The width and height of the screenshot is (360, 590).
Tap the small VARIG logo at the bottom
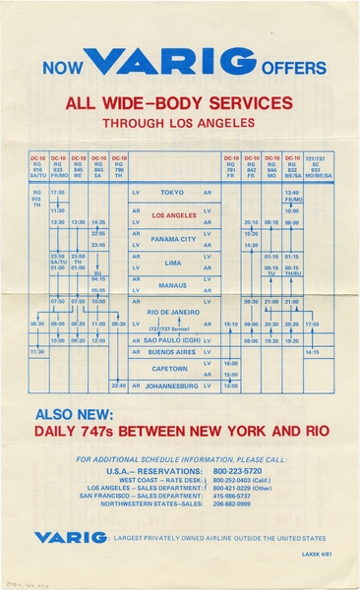click(x=70, y=537)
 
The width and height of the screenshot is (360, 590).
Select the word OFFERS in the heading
click(x=293, y=68)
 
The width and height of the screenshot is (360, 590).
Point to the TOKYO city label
click(x=172, y=193)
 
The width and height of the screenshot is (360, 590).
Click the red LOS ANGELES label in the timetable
click(x=174, y=214)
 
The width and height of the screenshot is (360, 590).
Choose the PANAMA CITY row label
click(x=173, y=239)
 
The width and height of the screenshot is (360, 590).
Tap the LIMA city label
click(x=172, y=264)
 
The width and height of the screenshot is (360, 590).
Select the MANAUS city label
click(x=172, y=286)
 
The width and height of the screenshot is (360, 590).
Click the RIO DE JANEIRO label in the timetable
click(x=173, y=311)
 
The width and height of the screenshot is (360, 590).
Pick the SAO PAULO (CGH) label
click(x=172, y=339)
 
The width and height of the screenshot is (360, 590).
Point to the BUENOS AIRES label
click(x=172, y=351)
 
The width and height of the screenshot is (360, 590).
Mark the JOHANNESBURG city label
click(x=172, y=385)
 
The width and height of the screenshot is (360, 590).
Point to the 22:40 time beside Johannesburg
click(x=119, y=385)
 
